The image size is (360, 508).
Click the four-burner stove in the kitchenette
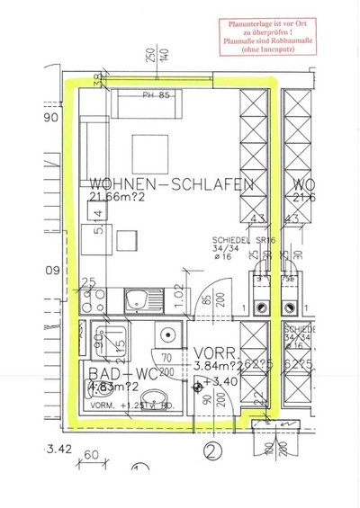click(99, 301)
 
